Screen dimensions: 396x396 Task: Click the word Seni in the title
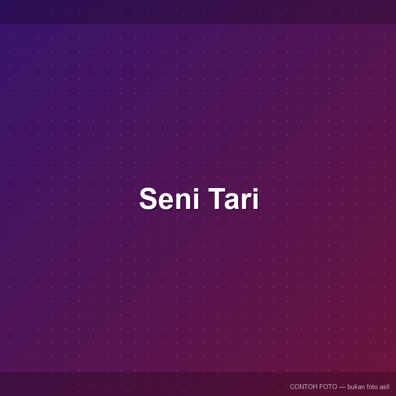pos(169,198)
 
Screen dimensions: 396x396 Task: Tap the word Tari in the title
pos(233,198)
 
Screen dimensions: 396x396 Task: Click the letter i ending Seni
pos(197,198)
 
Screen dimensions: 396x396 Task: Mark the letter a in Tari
pos(233,201)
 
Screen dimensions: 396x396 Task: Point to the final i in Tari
pos(256,198)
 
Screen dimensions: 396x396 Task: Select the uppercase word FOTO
pos(328,387)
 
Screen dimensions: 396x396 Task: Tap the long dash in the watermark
pos(342,387)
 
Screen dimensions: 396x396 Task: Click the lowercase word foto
pos(372,387)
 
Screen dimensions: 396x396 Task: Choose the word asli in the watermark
pos(385,387)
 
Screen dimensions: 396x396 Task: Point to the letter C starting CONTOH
pos(292,387)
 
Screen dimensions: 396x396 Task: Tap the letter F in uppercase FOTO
pos(321,387)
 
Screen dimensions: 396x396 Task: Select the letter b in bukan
pos(349,387)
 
